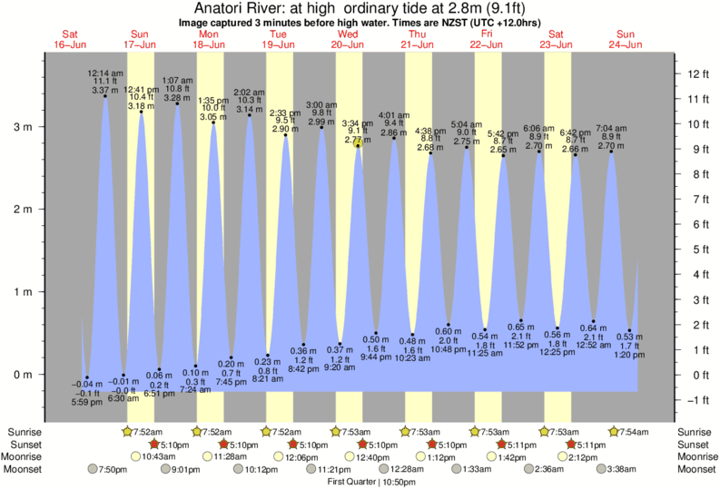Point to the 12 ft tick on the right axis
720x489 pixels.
point(697,73)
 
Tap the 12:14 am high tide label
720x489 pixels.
point(104,72)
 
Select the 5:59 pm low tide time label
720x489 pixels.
point(86,402)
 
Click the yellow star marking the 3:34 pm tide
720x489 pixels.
point(359,142)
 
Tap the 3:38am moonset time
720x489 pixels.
point(624,469)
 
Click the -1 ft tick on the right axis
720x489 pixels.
point(697,399)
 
